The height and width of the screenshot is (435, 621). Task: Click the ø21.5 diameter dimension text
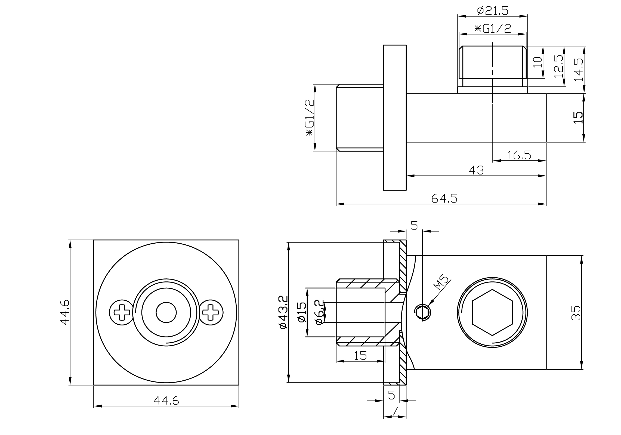pos(492,11)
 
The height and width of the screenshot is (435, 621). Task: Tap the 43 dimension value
pos(476,170)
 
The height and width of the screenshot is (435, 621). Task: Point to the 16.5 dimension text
pos(519,155)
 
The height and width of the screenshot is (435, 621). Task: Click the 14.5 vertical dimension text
pos(579,70)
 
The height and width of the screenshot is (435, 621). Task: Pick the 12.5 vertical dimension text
pos(558,66)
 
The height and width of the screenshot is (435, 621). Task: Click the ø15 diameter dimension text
pos(302,312)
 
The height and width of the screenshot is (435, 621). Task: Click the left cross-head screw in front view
pos(122,312)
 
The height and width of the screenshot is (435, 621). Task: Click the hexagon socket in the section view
pos(492,312)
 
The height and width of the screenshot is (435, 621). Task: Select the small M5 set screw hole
pos(422,312)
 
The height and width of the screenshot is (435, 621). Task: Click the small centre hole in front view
pos(166,312)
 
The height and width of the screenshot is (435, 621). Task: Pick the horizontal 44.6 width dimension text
pos(166,400)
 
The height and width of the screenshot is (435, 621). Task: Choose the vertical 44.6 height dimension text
pos(65,312)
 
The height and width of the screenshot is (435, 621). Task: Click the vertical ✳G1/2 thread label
pos(310,117)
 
